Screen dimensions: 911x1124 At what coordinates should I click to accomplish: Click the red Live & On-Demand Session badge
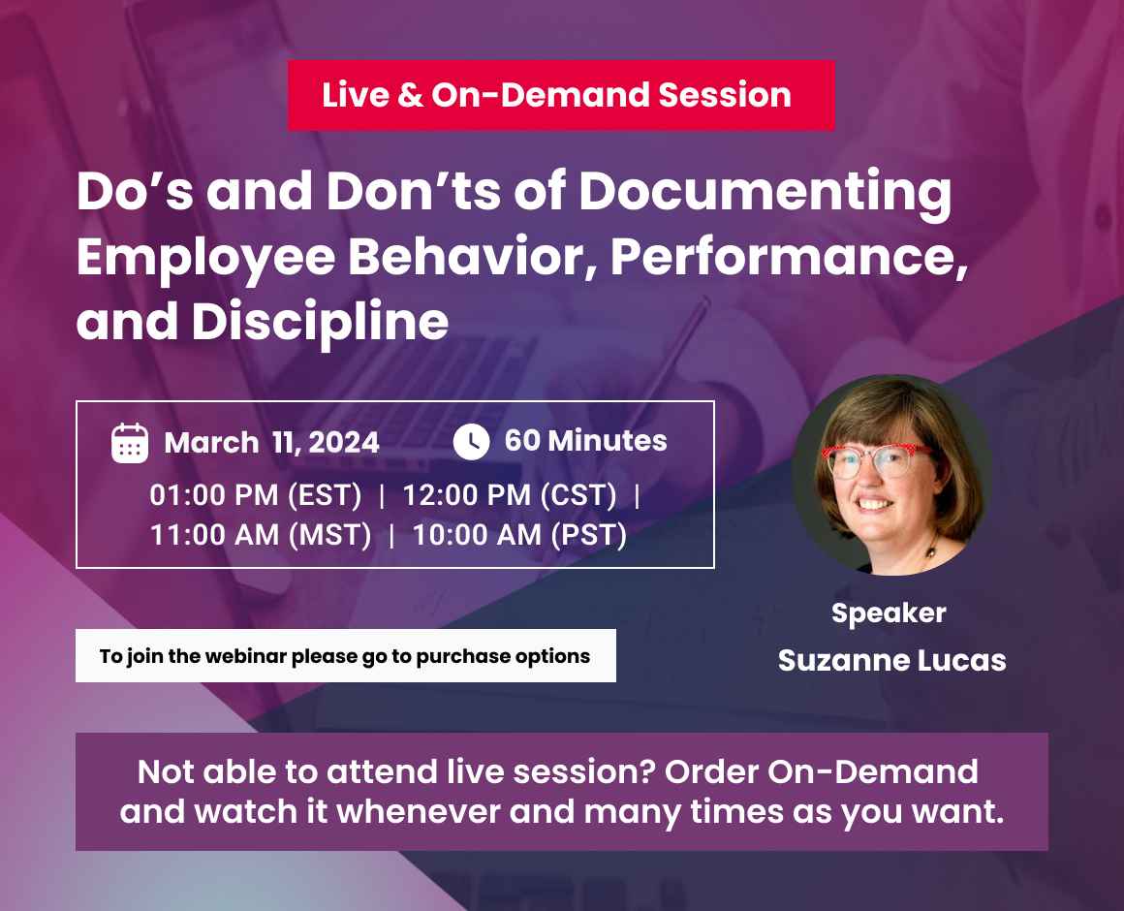560,95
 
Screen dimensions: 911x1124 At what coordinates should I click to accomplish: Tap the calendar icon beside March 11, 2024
130,443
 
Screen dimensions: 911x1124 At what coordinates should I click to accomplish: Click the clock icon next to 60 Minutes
471,441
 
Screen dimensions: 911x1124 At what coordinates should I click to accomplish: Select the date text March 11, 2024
271,443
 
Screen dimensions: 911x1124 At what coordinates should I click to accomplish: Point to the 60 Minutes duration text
585,441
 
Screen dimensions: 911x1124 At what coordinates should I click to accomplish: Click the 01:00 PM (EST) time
255,495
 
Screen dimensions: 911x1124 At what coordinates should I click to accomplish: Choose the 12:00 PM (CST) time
510,495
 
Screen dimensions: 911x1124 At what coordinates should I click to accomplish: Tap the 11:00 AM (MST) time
261,534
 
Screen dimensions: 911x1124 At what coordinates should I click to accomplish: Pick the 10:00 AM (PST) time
519,534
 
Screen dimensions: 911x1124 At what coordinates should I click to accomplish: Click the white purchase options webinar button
345,656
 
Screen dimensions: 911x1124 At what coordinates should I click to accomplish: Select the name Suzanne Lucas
891,661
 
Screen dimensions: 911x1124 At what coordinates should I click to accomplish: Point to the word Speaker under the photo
889,613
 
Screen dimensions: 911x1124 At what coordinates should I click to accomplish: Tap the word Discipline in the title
320,322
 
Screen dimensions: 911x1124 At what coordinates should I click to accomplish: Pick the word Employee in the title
192,258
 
